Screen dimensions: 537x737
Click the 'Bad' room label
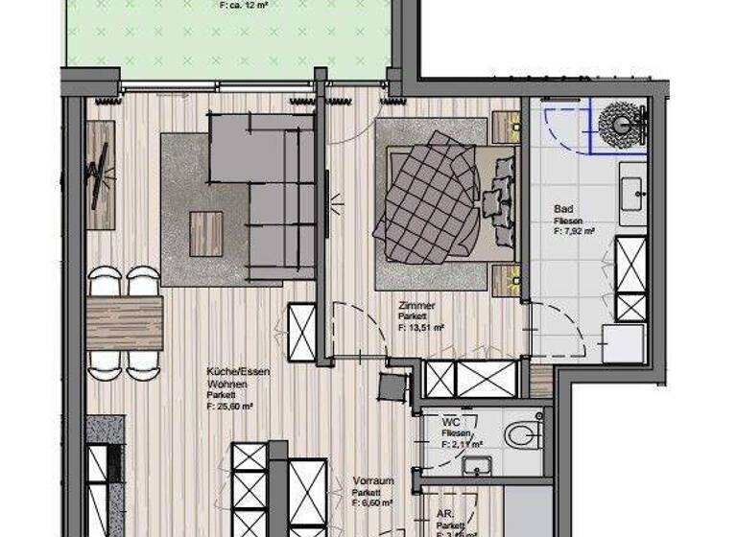[563, 208]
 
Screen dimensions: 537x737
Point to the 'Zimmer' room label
[417, 306]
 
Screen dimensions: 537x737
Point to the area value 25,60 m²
[229, 407]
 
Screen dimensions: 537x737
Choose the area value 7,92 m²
[574, 231]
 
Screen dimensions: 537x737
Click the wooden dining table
[125, 323]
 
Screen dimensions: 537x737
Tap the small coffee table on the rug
[205, 233]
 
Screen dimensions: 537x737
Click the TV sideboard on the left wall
[100, 175]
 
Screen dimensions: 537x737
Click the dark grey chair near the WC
[392, 386]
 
